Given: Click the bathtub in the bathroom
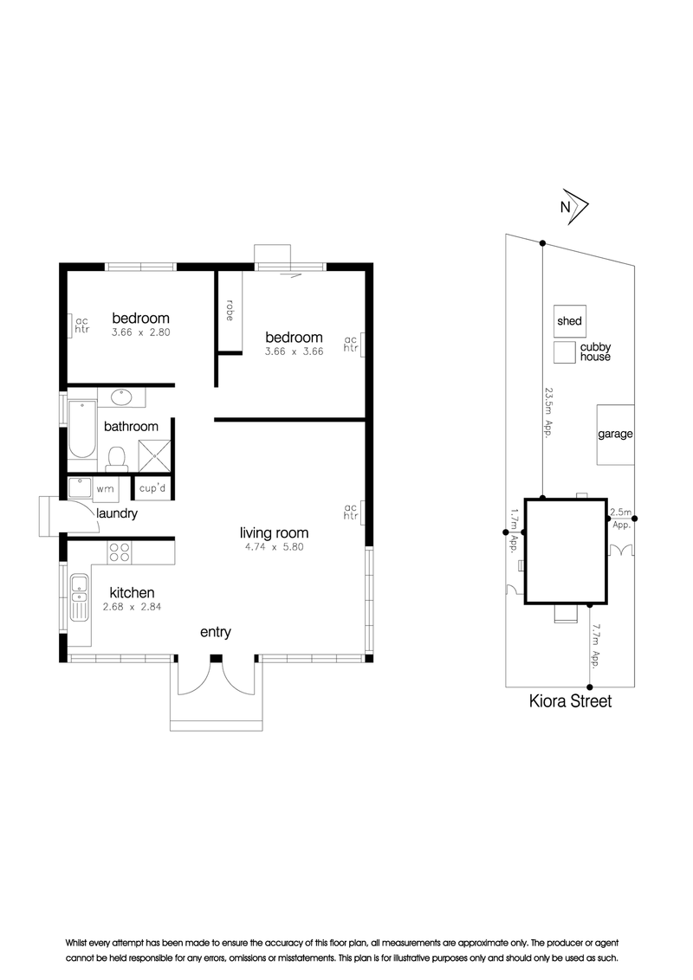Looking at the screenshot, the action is pyautogui.click(x=82, y=429).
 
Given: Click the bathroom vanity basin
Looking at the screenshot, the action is pyautogui.click(x=122, y=397).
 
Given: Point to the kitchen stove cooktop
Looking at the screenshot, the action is pyautogui.click(x=120, y=552).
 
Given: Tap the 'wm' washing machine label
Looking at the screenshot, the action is pyautogui.click(x=105, y=489).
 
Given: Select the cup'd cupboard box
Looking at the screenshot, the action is pyautogui.click(x=152, y=488).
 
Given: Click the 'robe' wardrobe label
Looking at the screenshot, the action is pyautogui.click(x=230, y=311).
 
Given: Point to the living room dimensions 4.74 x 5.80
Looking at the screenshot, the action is pyautogui.click(x=274, y=547).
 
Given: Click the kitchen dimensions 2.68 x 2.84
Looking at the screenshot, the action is pyautogui.click(x=132, y=606).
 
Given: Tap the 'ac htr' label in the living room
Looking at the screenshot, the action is pyautogui.click(x=350, y=512).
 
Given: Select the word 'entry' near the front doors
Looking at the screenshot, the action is pyautogui.click(x=216, y=632).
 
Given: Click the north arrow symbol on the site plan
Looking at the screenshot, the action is pyautogui.click(x=574, y=206).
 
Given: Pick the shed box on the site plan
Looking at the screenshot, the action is pyautogui.click(x=570, y=320).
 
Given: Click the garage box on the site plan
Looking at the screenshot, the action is pyautogui.click(x=615, y=435).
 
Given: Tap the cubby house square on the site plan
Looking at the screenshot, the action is pyautogui.click(x=564, y=352).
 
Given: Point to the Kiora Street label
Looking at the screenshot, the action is pyautogui.click(x=570, y=701).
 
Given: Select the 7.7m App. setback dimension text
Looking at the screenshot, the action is pyautogui.click(x=595, y=646).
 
